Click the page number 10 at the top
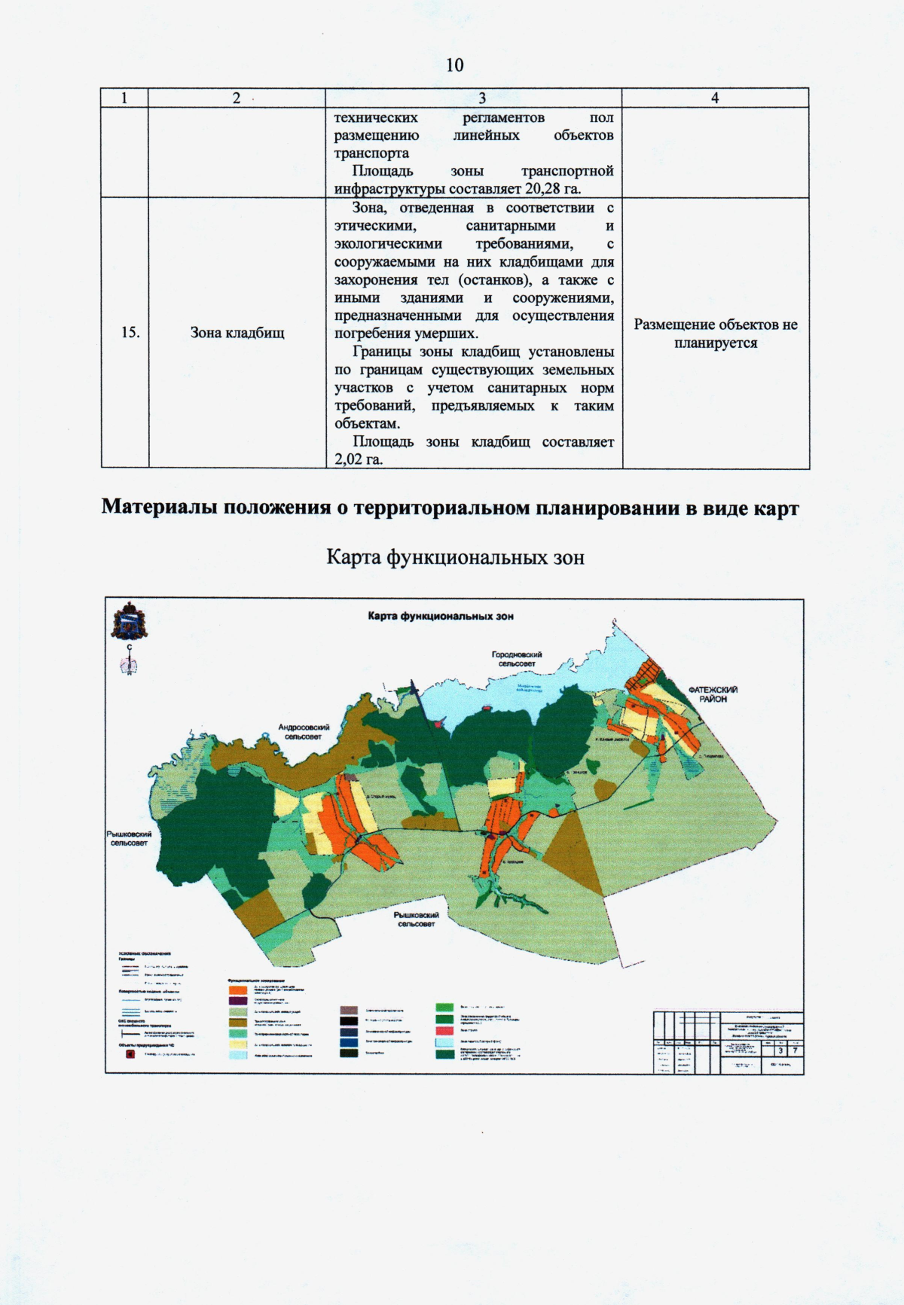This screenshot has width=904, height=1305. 454,65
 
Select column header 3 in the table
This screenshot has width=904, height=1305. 481,98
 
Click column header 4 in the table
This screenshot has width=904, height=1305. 715,98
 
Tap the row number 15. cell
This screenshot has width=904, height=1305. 130,332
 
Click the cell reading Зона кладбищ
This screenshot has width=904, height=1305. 237,332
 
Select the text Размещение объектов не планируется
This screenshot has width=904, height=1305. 715,334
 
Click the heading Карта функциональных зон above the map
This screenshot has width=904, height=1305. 455,557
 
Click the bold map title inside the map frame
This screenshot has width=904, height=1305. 441,616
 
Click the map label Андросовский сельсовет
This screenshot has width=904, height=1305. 304,731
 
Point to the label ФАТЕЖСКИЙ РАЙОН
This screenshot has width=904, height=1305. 712,694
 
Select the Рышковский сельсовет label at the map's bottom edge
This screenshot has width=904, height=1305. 416,919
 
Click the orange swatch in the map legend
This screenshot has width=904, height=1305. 238,989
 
